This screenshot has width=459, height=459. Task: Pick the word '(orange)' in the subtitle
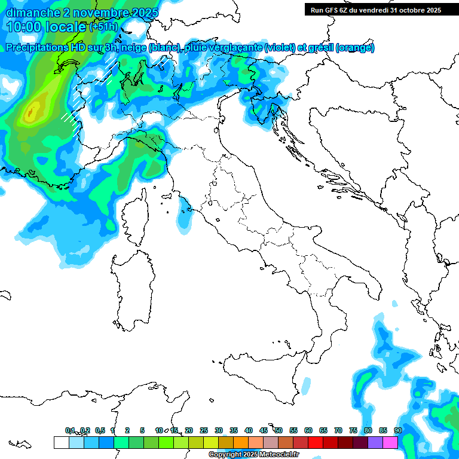point(355,47)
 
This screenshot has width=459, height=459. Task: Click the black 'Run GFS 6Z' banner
point(375,10)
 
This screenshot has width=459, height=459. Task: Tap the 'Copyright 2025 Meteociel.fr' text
point(253,455)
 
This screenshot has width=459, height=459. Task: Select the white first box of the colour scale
point(61,442)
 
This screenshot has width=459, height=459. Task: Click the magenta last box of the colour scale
point(390,442)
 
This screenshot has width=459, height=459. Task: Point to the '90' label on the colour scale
point(397,430)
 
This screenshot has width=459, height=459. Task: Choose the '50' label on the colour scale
point(279,430)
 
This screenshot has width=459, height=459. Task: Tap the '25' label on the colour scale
point(204,430)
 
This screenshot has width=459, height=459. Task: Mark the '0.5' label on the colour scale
point(100,430)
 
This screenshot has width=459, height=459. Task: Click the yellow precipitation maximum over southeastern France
point(32,111)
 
